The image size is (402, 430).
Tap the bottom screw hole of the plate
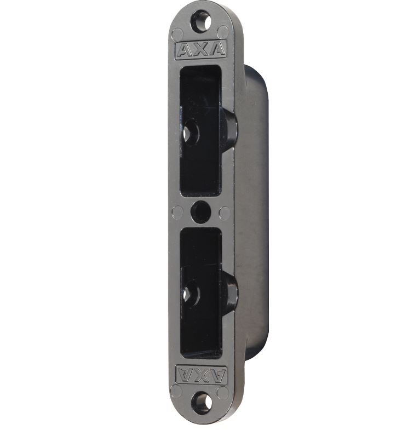pos(202,403)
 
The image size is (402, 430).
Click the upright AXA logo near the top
pos(200,50)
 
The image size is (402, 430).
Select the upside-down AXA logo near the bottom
pos(202,375)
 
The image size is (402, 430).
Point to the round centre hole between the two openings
pos(201,211)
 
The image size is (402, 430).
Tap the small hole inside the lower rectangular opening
pos(190,294)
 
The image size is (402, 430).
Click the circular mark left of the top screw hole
pos(177,34)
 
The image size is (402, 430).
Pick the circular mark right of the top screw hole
pos(223,32)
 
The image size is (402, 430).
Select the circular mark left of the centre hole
pos(177,213)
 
